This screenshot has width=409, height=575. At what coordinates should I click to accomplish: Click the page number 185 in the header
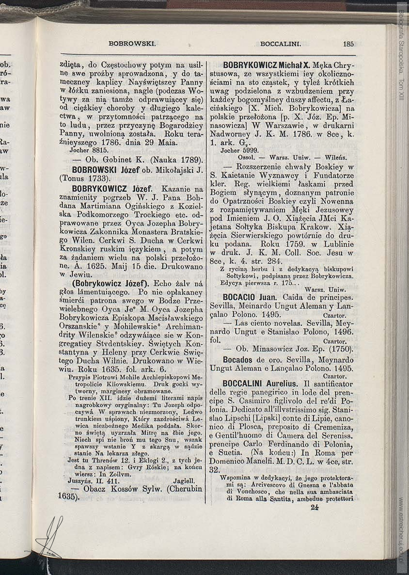point(348,44)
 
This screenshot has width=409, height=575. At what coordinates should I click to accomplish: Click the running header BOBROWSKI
point(132,44)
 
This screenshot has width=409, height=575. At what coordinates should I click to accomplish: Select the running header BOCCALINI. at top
point(281,44)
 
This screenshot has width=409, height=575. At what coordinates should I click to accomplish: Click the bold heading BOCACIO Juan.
point(250,297)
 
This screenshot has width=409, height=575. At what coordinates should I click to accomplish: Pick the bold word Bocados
point(237,360)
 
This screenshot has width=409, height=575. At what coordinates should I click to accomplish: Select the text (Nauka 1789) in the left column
point(176,160)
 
